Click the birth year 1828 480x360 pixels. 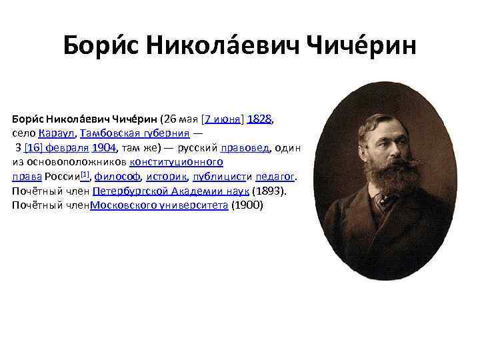pos(259,119)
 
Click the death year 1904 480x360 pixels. pos(105,148)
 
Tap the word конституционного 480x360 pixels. pos(177,162)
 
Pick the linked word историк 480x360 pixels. pos(165,177)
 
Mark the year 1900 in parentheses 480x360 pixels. pos(247,205)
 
